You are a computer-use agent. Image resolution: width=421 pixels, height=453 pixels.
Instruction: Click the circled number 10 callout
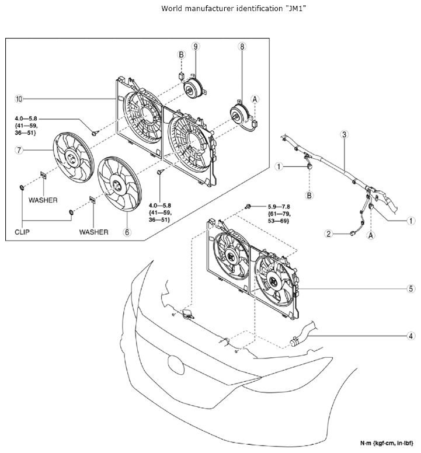[x=19, y=99]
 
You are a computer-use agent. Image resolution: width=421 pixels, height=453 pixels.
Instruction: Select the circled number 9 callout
[x=196, y=47]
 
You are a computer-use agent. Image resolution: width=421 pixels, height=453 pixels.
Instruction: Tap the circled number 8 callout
[x=242, y=47]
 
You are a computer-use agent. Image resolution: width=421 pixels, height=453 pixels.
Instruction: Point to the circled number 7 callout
[x=19, y=150]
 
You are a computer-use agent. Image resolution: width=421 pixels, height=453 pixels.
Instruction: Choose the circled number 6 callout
[x=127, y=232]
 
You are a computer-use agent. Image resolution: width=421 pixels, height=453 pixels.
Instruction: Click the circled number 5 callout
[x=411, y=288]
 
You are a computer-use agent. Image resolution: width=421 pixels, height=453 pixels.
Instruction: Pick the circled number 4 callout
[x=411, y=336]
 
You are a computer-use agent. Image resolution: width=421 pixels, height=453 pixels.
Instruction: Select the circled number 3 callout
[x=344, y=134]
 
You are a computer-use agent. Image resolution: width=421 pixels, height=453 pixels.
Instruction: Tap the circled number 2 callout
[x=328, y=234]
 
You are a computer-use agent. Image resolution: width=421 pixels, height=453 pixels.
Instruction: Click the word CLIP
[x=22, y=232]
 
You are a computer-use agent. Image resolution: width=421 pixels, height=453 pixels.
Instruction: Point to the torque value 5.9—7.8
[x=279, y=207]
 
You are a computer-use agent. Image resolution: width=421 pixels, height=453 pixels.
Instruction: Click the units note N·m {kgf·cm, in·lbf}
[x=387, y=443]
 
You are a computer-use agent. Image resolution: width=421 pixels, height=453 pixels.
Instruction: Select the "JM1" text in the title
[x=296, y=8]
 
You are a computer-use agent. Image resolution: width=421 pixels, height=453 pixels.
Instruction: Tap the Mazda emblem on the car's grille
[x=176, y=365]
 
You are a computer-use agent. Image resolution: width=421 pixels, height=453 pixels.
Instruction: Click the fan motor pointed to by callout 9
[x=194, y=88]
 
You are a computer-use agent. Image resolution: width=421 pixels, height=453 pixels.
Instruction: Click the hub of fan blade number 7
[x=71, y=158]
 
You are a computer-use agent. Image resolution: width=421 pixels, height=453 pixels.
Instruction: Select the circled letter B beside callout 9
[x=181, y=55]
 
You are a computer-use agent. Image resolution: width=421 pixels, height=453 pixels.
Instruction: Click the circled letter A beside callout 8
[x=255, y=99]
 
